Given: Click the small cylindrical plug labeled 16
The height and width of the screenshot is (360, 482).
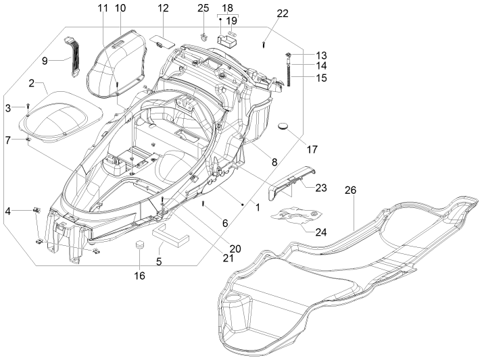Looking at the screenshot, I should (141, 244).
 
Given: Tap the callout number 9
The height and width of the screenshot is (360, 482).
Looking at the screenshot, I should (45, 61).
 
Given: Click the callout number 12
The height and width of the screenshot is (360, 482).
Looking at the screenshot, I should (163, 8).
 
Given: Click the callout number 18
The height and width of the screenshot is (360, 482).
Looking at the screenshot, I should (227, 7).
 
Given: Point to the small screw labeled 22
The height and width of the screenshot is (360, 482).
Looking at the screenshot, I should (264, 43).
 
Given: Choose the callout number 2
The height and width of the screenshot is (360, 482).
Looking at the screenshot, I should (32, 84).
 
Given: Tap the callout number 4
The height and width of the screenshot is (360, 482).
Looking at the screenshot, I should (8, 211).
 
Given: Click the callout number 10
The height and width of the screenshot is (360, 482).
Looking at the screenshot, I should (120, 8).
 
